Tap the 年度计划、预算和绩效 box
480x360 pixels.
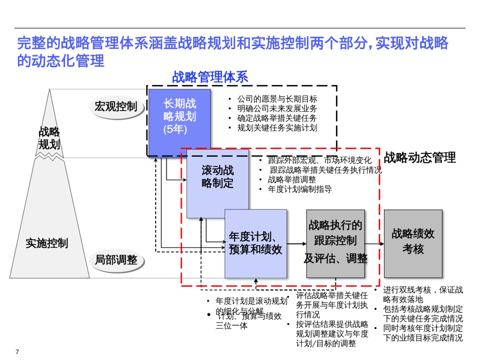(x=256, y=244)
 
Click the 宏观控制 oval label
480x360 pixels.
(x=116, y=106)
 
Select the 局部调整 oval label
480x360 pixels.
(x=116, y=260)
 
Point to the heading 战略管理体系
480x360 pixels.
(x=210, y=77)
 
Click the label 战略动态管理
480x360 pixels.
(x=420, y=157)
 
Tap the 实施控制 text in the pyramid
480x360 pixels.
(x=47, y=243)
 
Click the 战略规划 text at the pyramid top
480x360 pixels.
(x=49, y=138)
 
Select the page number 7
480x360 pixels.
(x=17, y=352)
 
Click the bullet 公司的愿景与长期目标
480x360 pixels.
(x=277, y=99)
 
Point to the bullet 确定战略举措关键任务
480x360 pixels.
(x=277, y=118)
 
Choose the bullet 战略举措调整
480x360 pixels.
(x=292, y=180)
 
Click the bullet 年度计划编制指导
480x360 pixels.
(x=300, y=189)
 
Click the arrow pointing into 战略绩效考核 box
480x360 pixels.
(x=374, y=244)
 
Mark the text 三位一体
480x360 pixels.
(x=231, y=326)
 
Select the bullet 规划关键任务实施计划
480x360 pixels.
(x=277, y=128)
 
